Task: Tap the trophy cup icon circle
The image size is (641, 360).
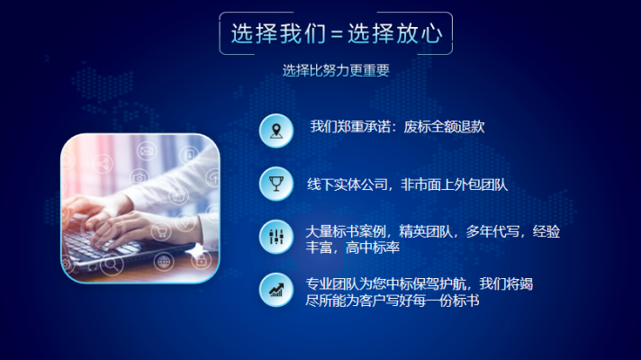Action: coord(275,183)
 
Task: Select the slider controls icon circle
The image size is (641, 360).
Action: coord(275,235)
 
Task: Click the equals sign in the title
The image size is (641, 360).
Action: coord(336,35)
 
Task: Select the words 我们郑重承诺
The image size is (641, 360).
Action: coord(351,127)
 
